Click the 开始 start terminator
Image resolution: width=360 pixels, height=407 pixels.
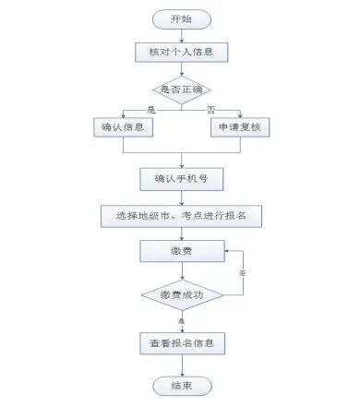pos(182,18)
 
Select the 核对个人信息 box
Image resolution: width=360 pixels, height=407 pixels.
pos(182,52)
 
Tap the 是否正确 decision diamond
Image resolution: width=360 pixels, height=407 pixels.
pos(182,90)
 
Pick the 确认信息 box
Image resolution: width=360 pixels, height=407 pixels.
pos(124,127)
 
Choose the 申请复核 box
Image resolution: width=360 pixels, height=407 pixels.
pos(239,127)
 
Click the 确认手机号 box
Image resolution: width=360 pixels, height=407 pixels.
pos(182,177)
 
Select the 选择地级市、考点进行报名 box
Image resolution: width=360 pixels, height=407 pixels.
pos(182,216)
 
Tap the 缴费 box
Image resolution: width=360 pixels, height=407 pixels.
pos(182,251)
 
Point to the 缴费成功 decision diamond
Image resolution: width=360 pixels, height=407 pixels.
pos(182,295)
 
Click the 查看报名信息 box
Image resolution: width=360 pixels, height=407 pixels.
pos(182,343)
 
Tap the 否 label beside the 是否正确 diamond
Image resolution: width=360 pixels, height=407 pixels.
pos(210,110)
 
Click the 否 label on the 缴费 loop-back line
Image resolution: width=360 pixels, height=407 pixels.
pos(243,274)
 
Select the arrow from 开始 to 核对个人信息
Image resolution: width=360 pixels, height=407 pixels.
pos(182,35)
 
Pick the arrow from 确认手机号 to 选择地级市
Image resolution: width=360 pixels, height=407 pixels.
pos(182,197)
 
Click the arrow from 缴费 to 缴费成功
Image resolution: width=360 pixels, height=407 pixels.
pos(182,270)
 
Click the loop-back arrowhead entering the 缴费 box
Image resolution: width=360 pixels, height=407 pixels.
pos(227,249)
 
